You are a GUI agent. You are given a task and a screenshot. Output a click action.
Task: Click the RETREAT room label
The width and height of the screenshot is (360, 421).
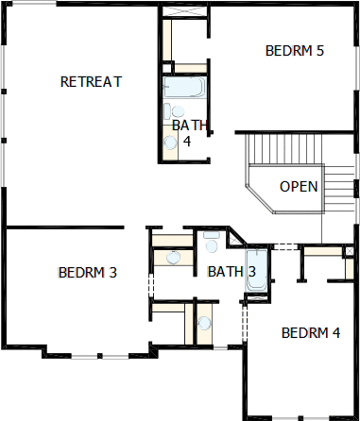tap(91, 82)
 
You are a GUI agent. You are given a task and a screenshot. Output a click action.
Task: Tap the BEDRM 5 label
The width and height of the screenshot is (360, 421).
tap(295, 51)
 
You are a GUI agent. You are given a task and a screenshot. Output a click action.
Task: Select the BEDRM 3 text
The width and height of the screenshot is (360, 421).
tap(88, 273)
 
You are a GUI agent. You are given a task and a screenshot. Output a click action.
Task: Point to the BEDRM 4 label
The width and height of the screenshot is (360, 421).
tap(311, 333)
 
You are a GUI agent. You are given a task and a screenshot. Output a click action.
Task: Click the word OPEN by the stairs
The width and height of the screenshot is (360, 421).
tap(299, 187)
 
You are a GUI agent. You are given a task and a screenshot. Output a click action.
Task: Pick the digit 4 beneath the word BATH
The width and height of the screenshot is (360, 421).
tap(187, 142)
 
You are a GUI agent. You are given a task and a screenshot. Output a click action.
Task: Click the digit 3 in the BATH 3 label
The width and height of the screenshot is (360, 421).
tap(251, 272)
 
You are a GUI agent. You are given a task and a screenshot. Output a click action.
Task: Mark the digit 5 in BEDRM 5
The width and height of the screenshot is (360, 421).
tap(320, 51)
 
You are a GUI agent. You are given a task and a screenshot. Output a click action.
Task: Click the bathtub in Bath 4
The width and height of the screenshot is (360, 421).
tap(184, 87)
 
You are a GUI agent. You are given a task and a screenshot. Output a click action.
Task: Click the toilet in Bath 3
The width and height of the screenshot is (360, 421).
tap(212, 242)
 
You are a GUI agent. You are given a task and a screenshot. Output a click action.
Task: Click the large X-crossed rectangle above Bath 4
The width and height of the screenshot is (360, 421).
tap(184, 10)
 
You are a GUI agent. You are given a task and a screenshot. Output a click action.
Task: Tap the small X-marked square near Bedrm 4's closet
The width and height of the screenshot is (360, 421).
tap(349, 251)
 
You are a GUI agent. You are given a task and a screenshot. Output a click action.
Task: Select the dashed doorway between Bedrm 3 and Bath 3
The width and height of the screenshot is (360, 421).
tap(151, 285)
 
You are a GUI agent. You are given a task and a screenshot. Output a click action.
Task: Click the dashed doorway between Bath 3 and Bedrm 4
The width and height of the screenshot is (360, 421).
tap(244, 323)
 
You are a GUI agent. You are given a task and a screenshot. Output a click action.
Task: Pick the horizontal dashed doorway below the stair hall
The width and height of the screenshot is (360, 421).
tap(285, 246)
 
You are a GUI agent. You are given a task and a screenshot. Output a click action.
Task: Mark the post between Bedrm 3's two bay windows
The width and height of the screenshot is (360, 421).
tap(99, 356)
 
